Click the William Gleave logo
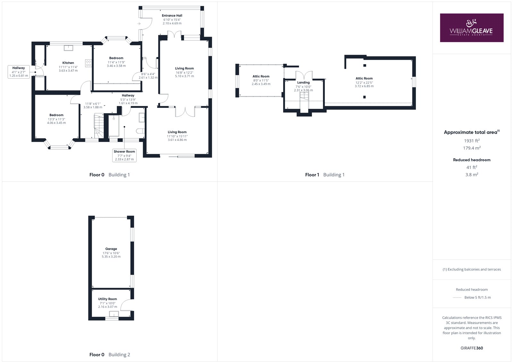[472, 28]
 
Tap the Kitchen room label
[68, 63]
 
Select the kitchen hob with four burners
[88, 63]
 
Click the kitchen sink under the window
[69, 48]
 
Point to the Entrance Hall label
[172, 16]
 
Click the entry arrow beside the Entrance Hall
[139, 24]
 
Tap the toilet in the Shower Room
[140, 131]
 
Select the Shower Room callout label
[124, 155]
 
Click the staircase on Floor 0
[99, 126]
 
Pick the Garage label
[111, 249]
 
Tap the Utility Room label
[107, 299]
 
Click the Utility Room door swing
[125, 305]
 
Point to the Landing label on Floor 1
[303, 82]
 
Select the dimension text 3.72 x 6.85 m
[364, 86]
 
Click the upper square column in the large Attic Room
[365, 65]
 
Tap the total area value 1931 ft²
[472, 141]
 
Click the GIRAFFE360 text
[472, 348]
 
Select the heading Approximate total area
[472, 132]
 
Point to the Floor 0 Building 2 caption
[110, 355]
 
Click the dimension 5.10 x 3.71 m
[184, 76]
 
